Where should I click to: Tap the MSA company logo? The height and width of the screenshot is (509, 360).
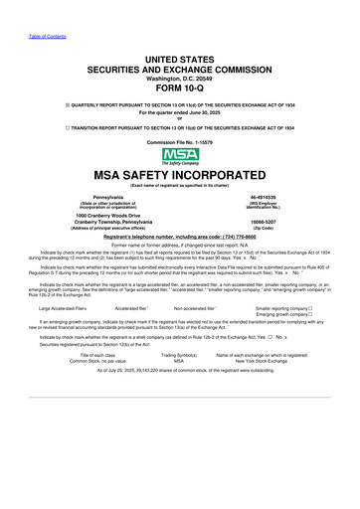(179, 157)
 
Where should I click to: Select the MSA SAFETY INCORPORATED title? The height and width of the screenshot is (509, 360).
(179, 176)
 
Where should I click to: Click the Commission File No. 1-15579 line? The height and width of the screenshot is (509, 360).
(179, 143)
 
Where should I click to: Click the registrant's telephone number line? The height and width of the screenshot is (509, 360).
(179, 239)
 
